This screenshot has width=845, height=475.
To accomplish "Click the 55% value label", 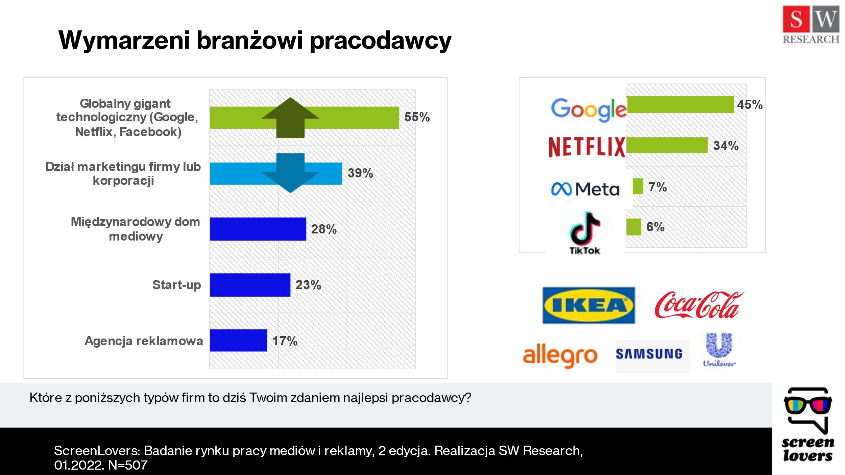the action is coord(417,117).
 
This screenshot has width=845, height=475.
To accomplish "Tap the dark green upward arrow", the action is coord(290,118).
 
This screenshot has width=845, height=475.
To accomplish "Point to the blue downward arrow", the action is coord(290,173).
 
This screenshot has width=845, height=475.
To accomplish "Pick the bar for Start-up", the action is coord(250,285).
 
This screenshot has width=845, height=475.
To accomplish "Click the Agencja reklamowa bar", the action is coord(239,340).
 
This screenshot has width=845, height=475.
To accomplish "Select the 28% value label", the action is coord(324,229).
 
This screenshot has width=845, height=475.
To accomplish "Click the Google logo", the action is coord(589,110).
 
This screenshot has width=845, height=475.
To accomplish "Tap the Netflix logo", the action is coord(587,147).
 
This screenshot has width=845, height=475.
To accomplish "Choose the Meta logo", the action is coord(585,189).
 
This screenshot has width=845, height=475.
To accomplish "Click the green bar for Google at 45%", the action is coord(680,104).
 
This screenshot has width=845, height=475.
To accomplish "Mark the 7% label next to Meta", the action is coord(657,187).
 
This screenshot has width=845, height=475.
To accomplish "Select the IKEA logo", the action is coord(589,305).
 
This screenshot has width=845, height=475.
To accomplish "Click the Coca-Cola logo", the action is coord(699,305).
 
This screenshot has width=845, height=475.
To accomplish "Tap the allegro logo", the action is coord(560,356).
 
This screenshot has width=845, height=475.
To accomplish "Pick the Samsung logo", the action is coord(649,354).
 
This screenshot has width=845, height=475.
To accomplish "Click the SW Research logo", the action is coord(811,25).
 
